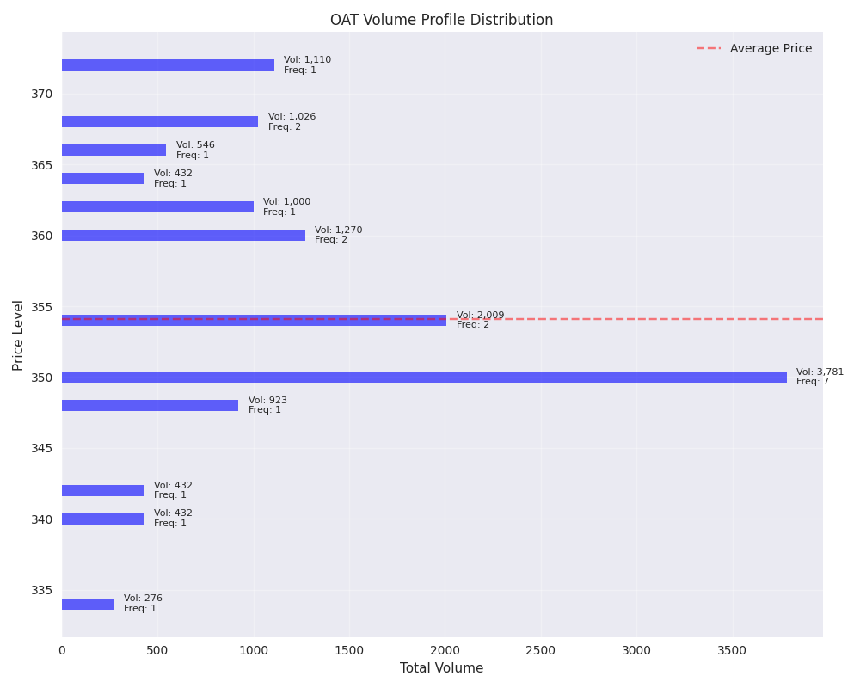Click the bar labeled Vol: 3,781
click(x=424, y=377)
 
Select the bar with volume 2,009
click(x=254, y=320)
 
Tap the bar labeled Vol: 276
click(x=88, y=604)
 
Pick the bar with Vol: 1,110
click(x=168, y=64)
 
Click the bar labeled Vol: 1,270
click(x=183, y=235)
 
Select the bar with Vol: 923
click(x=150, y=405)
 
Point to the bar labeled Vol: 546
click(x=114, y=150)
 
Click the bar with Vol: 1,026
click(x=160, y=121)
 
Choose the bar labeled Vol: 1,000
click(x=157, y=206)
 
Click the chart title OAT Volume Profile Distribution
click(x=441, y=20)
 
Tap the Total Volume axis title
click(x=441, y=668)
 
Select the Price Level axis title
click(x=19, y=335)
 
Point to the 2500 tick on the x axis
click(x=541, y=652)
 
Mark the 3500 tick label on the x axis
click(x=732, y=652)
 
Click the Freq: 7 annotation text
click(x=813, y=382)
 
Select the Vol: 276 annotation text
click(x=143, y=599)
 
